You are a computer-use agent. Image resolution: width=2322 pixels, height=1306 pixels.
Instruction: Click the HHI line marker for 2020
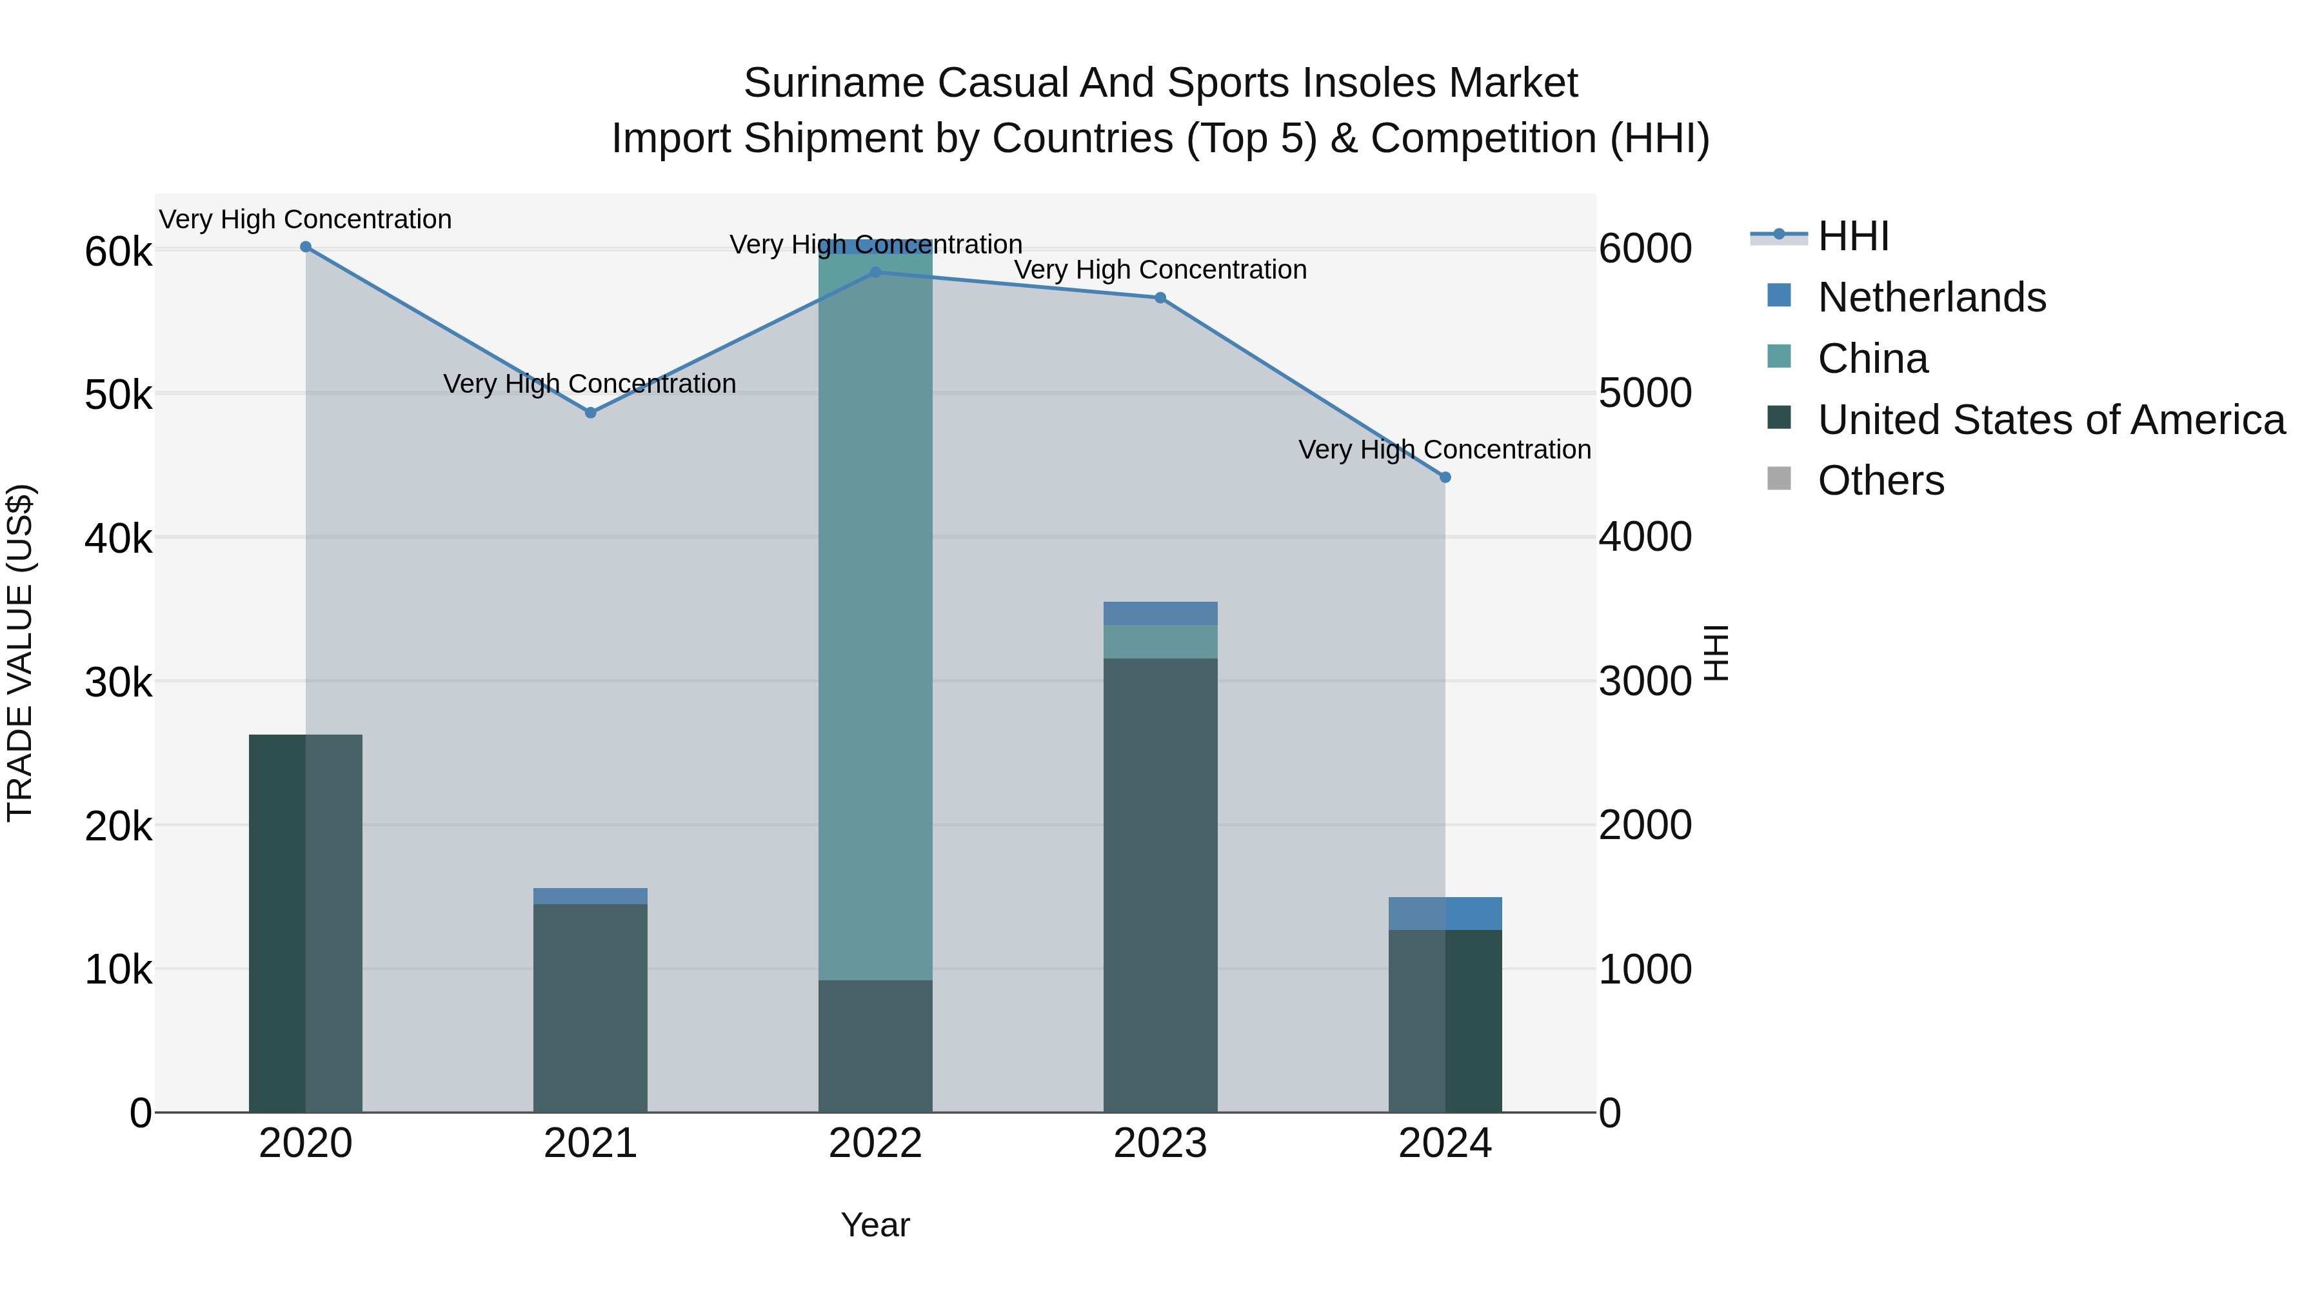306,247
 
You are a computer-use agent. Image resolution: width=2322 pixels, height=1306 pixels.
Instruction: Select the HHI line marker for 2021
590,413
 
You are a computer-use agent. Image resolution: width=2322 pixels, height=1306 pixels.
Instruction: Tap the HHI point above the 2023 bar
1160,299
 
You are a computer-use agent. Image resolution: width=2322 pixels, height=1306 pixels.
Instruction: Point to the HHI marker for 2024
1445,478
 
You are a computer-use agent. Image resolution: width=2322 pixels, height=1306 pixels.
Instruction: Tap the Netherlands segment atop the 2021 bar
590,896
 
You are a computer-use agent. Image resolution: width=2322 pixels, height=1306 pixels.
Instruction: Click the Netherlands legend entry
1932,297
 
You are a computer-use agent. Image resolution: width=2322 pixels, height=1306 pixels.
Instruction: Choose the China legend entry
1872,359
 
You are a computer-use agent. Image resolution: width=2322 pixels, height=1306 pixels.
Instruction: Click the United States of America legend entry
2050,420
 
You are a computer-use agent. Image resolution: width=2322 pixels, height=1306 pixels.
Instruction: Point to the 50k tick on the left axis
118,395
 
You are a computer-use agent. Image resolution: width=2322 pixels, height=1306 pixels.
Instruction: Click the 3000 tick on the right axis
1645,682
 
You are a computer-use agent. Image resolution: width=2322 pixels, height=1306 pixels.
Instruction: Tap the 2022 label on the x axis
875,1143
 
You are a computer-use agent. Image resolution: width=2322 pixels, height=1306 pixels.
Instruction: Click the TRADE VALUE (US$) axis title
20,653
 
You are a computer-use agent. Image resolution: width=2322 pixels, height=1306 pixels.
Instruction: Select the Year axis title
875,1225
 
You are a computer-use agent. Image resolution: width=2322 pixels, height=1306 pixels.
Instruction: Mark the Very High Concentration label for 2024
1444,450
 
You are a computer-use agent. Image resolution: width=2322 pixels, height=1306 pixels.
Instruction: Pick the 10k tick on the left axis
118,970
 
